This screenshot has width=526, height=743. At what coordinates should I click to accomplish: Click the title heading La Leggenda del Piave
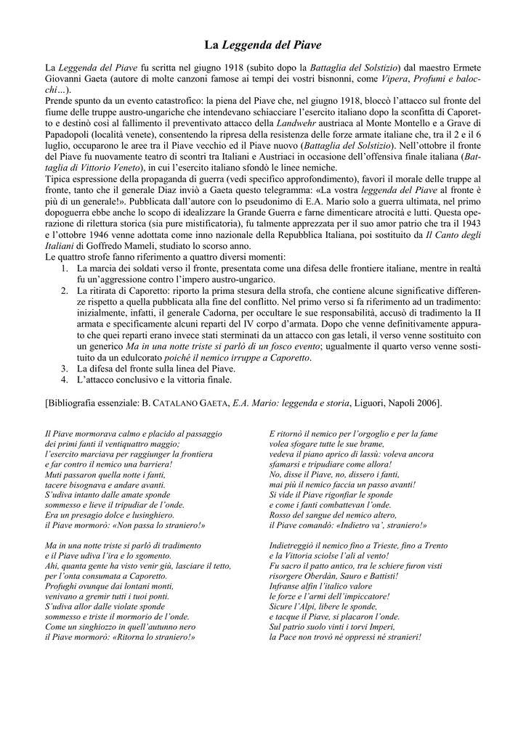click(x=262, y=45)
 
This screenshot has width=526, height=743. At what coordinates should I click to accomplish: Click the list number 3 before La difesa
click(x=64, y=368)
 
